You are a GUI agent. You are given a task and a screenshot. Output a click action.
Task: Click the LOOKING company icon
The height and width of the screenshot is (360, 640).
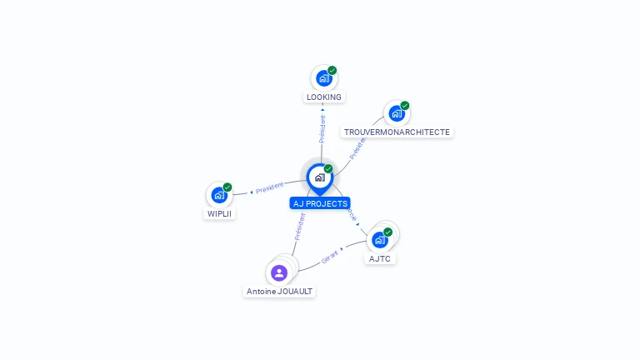pos(323,78)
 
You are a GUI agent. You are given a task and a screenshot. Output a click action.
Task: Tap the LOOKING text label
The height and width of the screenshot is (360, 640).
pos(324,97)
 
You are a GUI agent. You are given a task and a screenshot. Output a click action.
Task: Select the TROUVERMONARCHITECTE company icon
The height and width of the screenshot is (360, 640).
pos(396,113)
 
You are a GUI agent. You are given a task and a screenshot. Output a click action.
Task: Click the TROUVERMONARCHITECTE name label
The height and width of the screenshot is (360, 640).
pos(397,132)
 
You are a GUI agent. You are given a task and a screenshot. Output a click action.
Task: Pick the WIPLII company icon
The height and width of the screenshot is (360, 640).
pos(218,195)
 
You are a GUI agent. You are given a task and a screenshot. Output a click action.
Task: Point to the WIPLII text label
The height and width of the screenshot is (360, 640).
pos(219,213)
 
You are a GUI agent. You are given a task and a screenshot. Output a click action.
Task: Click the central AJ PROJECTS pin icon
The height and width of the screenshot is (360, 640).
pos(319,177)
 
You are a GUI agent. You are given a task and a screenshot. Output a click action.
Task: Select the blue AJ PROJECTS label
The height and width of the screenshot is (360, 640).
pos(320,203)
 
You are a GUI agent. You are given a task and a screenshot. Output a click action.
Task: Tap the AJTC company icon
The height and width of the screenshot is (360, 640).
pos(380,240)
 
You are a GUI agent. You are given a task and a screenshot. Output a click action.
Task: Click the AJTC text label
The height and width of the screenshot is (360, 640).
pos(380,258)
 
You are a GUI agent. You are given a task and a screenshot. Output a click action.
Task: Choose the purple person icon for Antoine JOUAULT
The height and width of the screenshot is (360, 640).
pos(279,272)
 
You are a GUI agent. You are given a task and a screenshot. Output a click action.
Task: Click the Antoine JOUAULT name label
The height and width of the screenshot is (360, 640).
pos(280,292)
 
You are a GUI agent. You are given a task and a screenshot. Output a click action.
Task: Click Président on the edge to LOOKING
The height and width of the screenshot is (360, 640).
pos(322,128)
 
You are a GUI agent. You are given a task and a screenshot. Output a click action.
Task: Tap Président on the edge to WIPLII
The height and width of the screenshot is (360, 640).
pos(269,187)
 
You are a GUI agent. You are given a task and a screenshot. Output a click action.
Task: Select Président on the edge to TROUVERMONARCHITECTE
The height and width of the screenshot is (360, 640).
pos(357,147)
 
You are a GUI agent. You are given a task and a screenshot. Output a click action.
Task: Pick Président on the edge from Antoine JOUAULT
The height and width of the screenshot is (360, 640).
pos(300,227)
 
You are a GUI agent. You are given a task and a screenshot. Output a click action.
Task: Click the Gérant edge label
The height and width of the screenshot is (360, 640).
pos(330,256)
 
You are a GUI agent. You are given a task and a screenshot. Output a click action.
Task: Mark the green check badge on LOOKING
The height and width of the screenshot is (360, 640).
pos(332,71)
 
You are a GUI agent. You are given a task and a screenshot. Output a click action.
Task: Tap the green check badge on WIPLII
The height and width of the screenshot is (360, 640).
pos(227,187)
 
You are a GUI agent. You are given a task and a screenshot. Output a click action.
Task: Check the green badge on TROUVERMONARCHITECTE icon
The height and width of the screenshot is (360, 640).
pos(405,106)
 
